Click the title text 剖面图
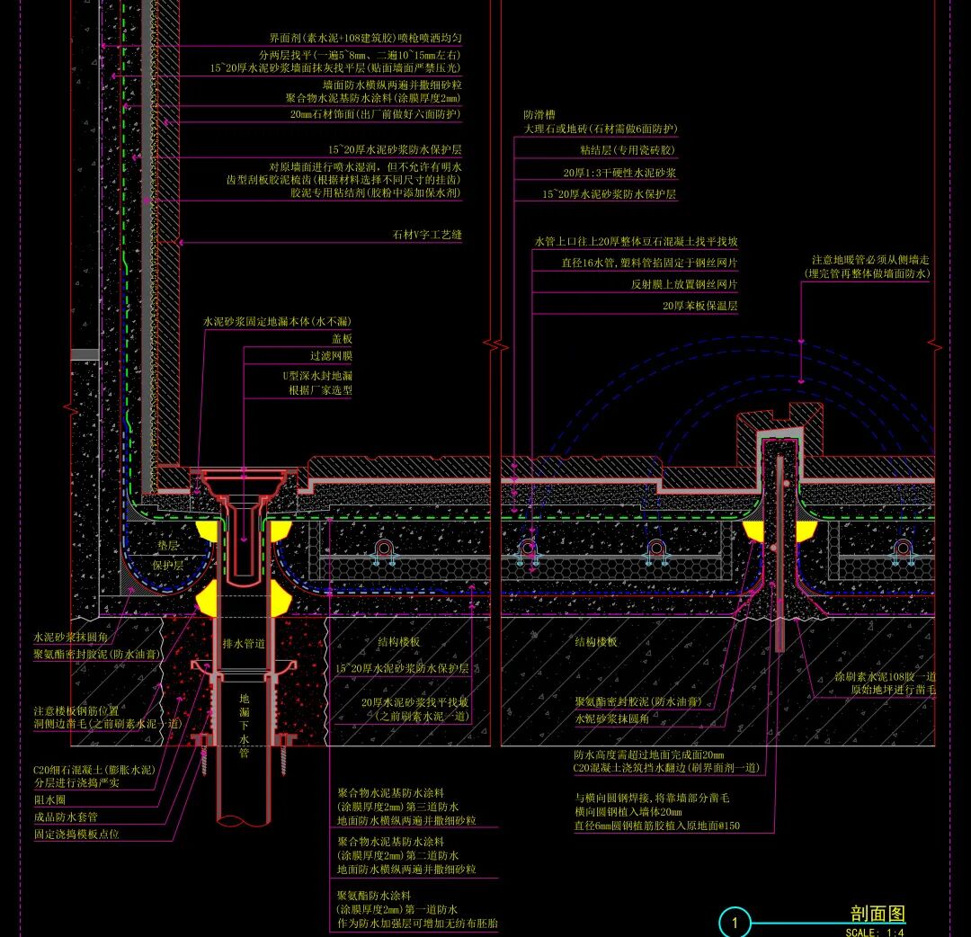pos(877,914)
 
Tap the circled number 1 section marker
pos(735,923)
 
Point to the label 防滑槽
pos(539,115)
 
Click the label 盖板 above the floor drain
pos(342,340)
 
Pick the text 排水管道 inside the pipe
pos(244,644)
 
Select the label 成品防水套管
pos(66,817)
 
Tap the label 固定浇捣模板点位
pos(76,834)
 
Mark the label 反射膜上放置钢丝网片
pos(684,284)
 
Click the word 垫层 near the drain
pos(168,546)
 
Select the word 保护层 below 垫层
pos(168,567)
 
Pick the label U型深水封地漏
pos(317,374)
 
